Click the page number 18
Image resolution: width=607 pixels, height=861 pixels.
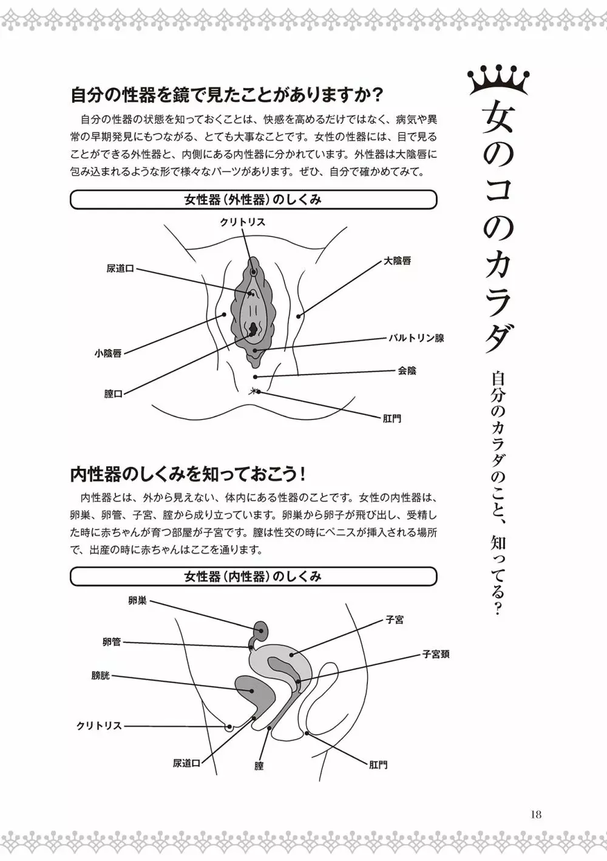point(534,814)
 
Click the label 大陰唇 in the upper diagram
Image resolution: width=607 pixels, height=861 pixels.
point(397,261)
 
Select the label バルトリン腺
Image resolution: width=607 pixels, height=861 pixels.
point(416,338)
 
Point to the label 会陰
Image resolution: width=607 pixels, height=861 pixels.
point(407,370)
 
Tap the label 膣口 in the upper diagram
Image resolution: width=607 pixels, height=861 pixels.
point(114,394)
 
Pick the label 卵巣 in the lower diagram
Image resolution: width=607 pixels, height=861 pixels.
point(137,601)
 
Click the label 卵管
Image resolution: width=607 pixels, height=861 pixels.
point(112,642)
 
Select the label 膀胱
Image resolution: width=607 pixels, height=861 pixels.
point(101,675)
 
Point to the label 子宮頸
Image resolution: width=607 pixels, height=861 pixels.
point(436,655)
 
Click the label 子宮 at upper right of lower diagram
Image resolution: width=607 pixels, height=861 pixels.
point(395,620)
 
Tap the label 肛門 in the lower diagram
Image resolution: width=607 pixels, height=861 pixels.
point(378,764)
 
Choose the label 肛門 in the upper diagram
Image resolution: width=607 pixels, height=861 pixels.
point(392,418)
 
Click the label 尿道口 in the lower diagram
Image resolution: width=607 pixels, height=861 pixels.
point(186,763)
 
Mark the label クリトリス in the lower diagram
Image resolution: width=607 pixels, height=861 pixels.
point(99,726)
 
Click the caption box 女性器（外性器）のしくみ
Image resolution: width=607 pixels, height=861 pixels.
point(253,200)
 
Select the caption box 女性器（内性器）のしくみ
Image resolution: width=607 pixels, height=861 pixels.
point(253,576)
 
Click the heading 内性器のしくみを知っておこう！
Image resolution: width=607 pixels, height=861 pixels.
point(179,473)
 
